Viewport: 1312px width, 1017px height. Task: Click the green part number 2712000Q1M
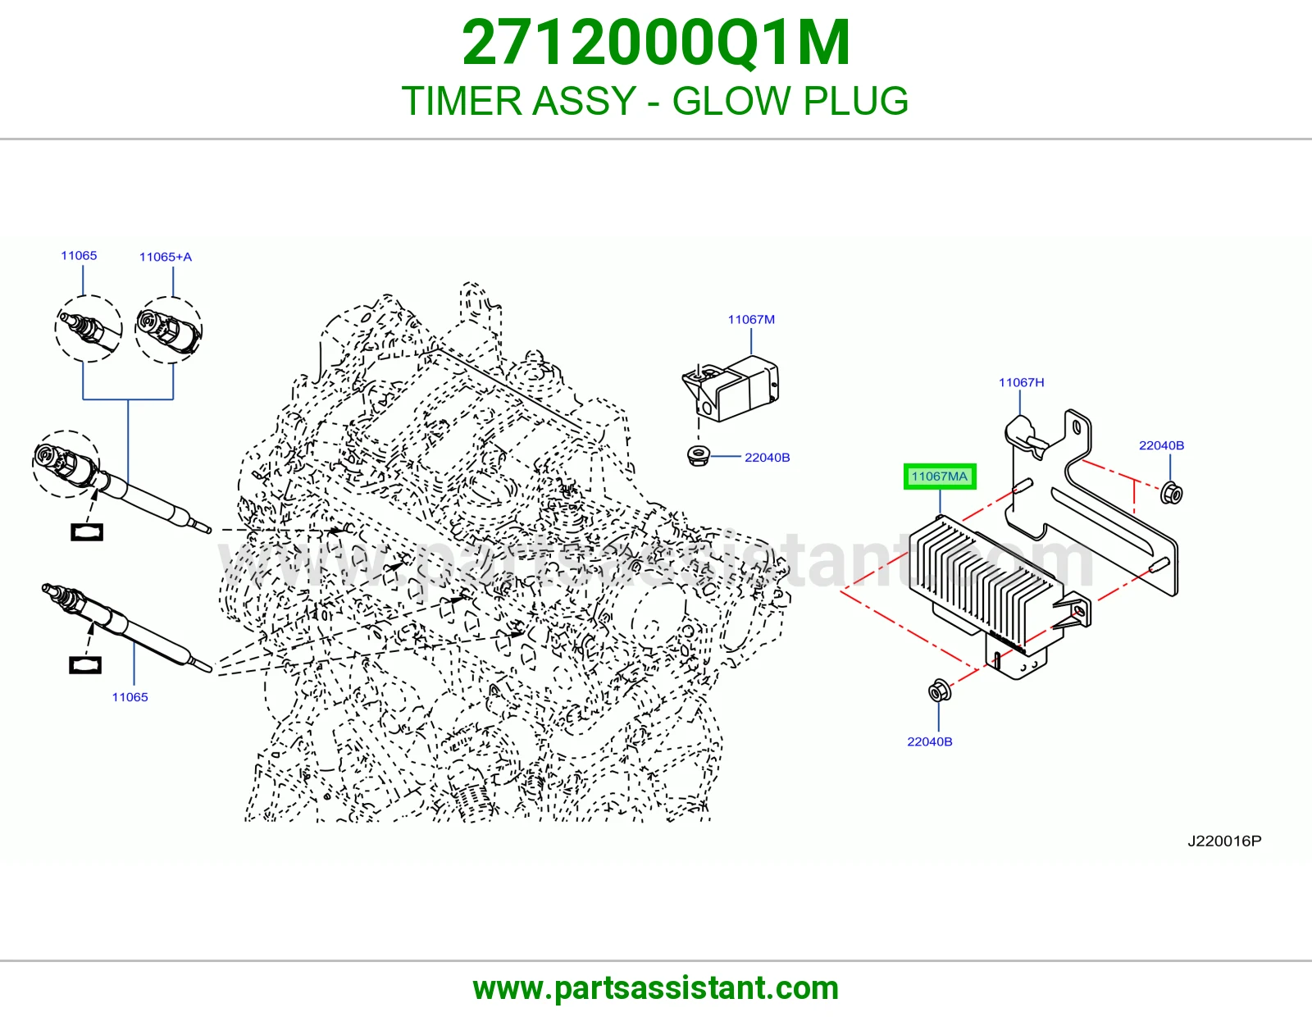(x=656, y=43)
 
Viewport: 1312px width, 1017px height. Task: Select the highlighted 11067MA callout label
(x=940, y=477)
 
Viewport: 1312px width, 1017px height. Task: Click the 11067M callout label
(x=751, y=320)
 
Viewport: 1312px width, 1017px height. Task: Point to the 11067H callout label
(x=1021, y=382)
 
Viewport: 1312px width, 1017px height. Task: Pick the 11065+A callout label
(x=166, y=257)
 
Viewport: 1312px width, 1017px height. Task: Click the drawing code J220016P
(x=1224, y=841)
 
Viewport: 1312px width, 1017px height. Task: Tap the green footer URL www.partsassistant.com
(x=656, y=988)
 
